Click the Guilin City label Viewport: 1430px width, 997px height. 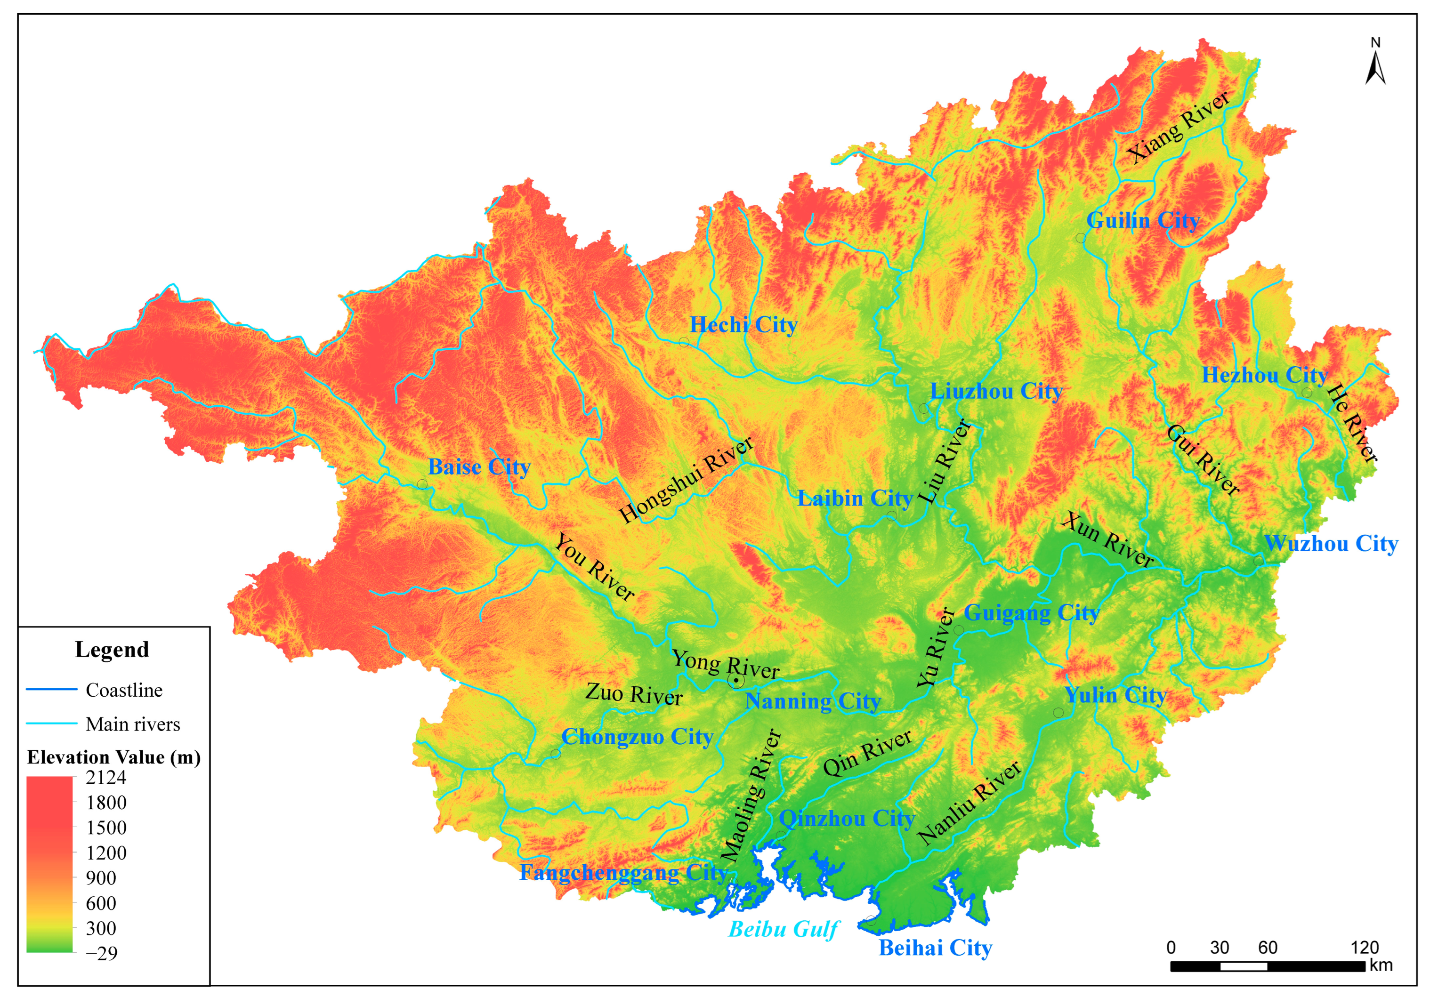(x=1142, y=220)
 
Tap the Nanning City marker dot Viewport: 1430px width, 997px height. (x=735, y=681)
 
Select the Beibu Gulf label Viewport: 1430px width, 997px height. (x=784, y=929)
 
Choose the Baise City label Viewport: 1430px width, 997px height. (x=478, y=466)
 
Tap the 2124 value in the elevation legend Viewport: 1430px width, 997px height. (x=106, y=777)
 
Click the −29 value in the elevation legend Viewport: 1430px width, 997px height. (x=102, y=953)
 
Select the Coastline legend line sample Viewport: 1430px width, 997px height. (x=52, y=689)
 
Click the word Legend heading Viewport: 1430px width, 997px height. (x=112, y=650)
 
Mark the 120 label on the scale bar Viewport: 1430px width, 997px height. (x=1364, y=947)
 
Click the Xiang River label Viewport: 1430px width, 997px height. (x=1179, y=127)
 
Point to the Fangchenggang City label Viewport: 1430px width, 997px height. (x=623, y=872)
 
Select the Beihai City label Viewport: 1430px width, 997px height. (x=935, y=948)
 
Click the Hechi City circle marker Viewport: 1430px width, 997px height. (x=684, y=343)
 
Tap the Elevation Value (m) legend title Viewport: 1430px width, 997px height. (x=114, y=757)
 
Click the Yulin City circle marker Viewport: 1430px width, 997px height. (x=1058, y=712)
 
